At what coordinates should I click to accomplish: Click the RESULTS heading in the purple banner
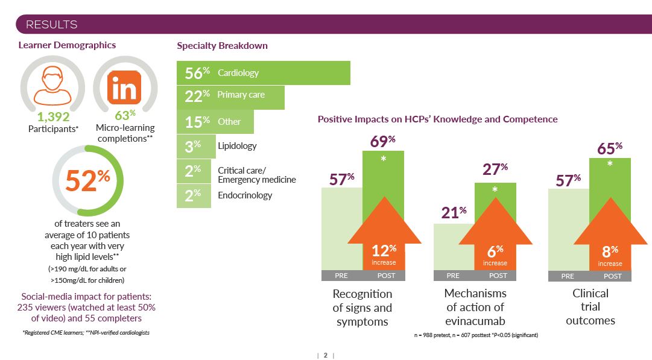point(51,25)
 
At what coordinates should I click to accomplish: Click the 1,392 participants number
point(53,117)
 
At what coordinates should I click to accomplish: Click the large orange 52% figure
point(88,180)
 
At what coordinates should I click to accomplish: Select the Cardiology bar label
point(238,73)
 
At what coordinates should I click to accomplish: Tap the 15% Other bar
point(215,121)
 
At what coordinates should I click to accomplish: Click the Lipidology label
point(237,146)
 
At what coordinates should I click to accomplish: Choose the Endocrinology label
point(245,195)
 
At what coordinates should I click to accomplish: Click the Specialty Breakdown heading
point(222,46)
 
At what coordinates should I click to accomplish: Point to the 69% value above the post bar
point(382,142)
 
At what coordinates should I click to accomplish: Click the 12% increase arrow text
point(384,254)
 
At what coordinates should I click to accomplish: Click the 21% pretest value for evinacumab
point(454,212)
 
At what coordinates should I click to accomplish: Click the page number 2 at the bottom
point(325,355)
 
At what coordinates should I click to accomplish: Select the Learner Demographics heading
point(67,45)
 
